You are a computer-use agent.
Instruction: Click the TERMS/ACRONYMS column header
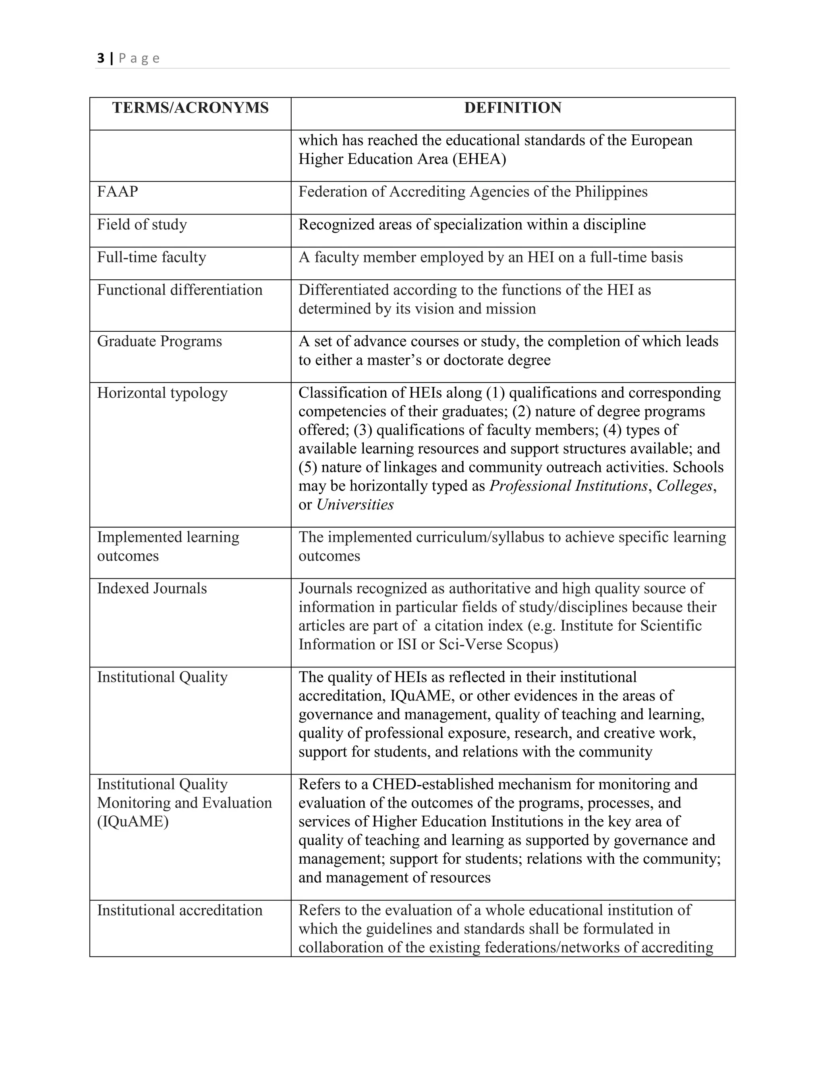(x=190, y=108)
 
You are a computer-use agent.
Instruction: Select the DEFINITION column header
(x=513, y=108)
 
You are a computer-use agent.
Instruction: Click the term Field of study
(x=142, y=224)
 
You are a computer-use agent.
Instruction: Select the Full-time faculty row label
(x=151, y=257)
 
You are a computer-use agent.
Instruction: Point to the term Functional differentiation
(x=179, y=290)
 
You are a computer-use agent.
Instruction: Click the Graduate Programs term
(x=160, y=341)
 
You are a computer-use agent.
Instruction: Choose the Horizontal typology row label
(x=162, y=393)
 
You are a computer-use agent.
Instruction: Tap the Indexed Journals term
(x=152, y=588)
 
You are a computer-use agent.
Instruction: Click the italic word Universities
(x=355, y=505)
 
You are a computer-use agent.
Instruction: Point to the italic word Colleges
(x=684, y=486)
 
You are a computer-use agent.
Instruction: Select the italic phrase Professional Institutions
(x=568, y=486)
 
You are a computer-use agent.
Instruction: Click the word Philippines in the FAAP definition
(x=611, y=192)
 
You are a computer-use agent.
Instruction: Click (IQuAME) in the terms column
(x=133, y=821)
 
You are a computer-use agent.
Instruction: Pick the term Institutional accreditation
(x=179, y=910)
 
